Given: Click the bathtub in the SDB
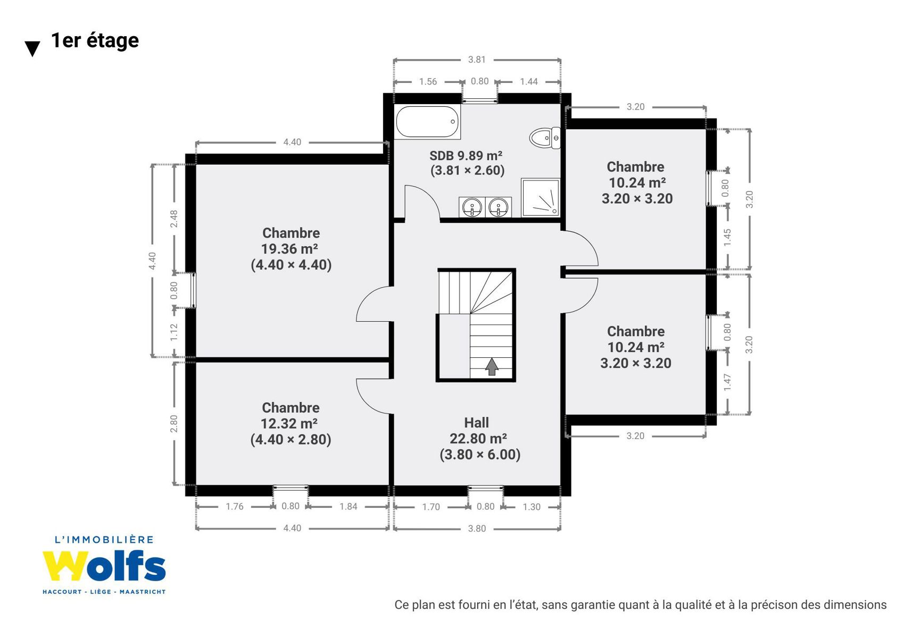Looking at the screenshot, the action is click(x=427, y=121).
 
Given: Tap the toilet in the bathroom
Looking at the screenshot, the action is click(x=545, y=138).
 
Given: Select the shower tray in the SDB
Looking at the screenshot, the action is click(x=541, y=198).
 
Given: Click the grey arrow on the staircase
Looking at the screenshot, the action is click(x=492, y=367).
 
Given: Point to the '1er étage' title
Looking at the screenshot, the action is click(x=95, y=40).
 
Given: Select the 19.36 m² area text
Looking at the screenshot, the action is click(x=289, y=249).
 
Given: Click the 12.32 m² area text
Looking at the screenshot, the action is click(x=289, y=423).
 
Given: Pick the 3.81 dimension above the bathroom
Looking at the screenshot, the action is click(x=477, y=60).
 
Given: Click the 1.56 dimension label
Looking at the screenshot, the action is click(x=428, y=82).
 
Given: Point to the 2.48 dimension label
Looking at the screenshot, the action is click(x=174, y=219).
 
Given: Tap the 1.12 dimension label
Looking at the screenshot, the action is click(x=174, y=332).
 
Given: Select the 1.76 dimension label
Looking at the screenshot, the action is click(x=235, y=507).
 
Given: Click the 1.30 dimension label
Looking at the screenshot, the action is click(x=532, y=507).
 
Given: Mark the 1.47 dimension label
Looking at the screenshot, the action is click(x=727, y=382).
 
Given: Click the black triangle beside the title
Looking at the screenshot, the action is click(x=32, y=48).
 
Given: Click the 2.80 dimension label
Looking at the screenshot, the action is click(x=174, y=424).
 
